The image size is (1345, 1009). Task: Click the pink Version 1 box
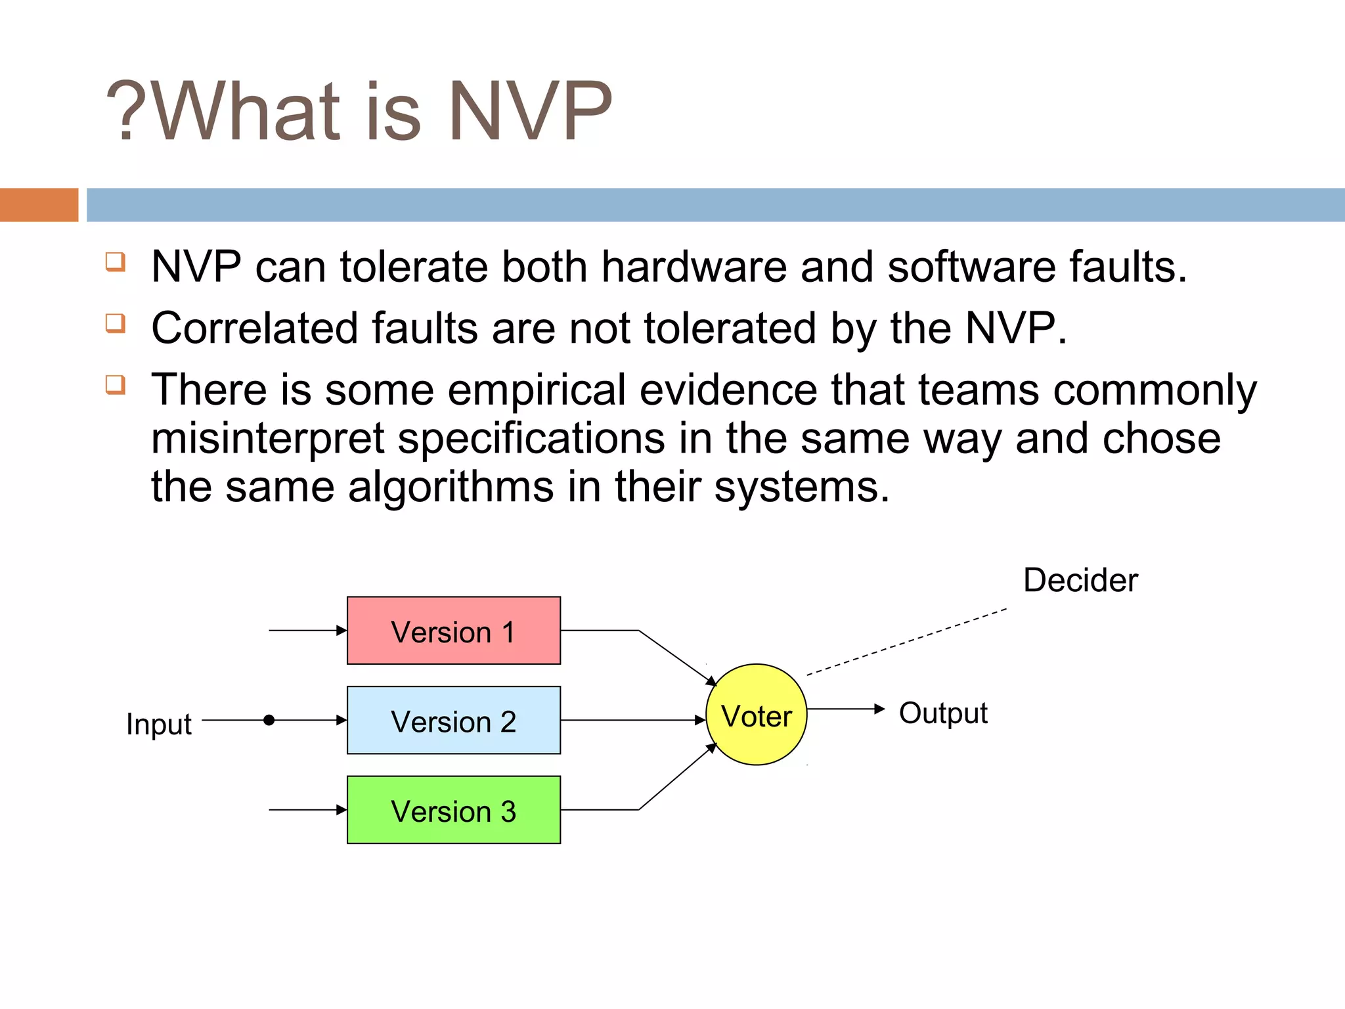click(x=453, y=631)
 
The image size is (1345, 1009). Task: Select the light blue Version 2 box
click(x=453, y=720)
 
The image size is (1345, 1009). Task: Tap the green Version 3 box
click(x=453, y=809)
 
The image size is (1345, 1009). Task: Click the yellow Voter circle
click(x=756, y=715)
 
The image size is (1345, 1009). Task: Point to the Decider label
click(x=1080, y=580)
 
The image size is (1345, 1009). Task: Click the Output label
click(x=943, y=713)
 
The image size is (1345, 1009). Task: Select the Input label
click(x=159, y=724)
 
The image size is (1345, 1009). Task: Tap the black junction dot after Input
click(x=269, y=720)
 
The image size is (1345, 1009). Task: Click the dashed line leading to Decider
click(x=906, y=642)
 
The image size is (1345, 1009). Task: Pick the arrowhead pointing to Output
click(x=880, y=709)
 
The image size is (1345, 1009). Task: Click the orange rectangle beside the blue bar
click(x=39, y=205)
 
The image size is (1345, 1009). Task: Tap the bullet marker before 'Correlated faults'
click(x=116, y=323)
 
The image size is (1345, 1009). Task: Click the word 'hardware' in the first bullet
click(x=694, y=268)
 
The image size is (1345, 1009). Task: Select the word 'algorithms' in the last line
click(x=451, y=487)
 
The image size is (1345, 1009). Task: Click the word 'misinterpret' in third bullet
click(x=267, y=439)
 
